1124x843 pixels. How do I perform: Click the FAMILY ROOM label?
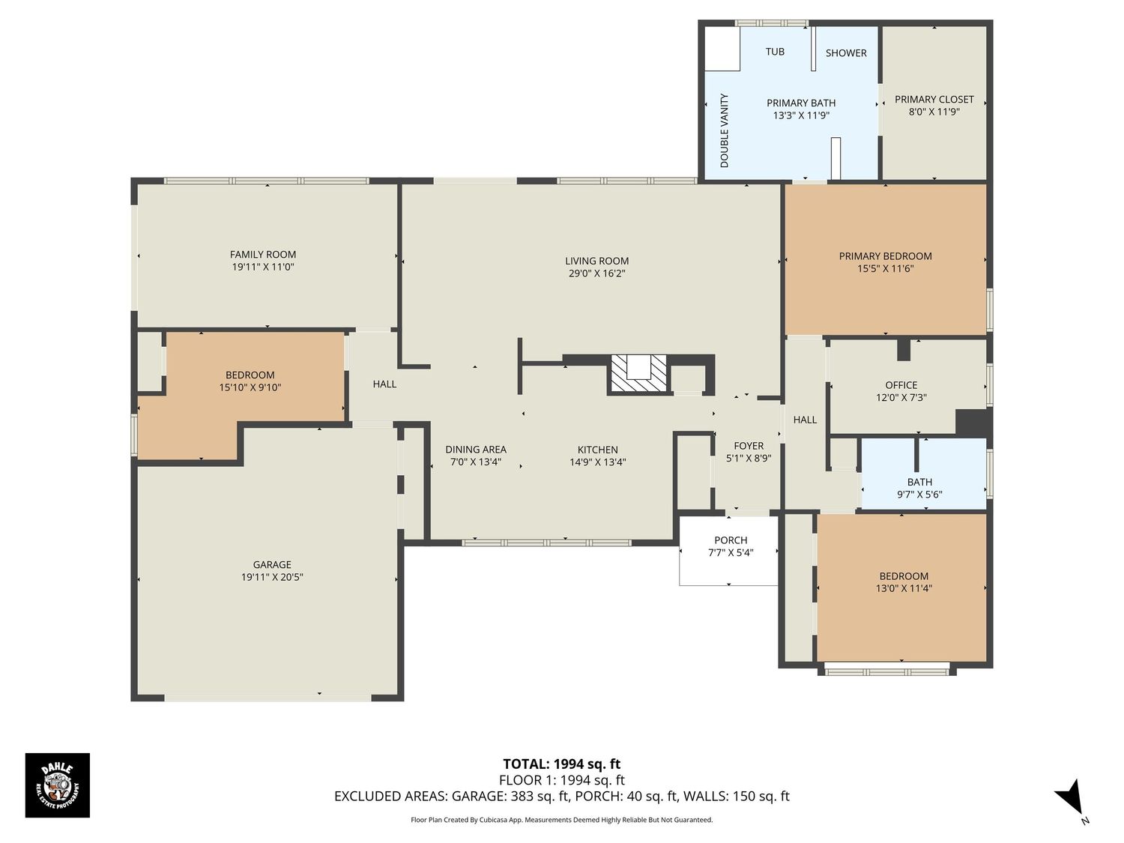pos(263,254)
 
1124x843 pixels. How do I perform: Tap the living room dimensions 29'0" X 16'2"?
pos(596,274)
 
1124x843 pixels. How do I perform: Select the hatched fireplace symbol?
pos(638,375)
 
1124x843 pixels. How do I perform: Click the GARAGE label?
pos(272,564)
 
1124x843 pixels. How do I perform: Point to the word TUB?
pos(775,52)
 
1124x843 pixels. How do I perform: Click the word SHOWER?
pos(846,53)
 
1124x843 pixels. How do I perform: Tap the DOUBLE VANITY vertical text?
pos(724,130)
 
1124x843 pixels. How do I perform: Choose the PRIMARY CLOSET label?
pos(934,100)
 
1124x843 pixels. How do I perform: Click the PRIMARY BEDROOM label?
pos(886,256)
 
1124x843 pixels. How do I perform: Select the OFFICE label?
pos(901,385)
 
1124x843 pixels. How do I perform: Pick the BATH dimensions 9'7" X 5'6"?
pos(919,495)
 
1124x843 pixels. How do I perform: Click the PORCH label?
pos(731,540)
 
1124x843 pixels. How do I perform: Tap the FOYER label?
pos(749,446)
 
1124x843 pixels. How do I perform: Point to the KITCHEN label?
pos(597,450)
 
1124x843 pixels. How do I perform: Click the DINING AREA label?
pos(476,450)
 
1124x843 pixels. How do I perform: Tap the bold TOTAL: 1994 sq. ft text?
pos(562,764)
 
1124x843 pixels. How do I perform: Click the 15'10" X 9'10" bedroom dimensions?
pos(250,387)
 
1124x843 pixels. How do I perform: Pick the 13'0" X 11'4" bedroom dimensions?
pos(904,589)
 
